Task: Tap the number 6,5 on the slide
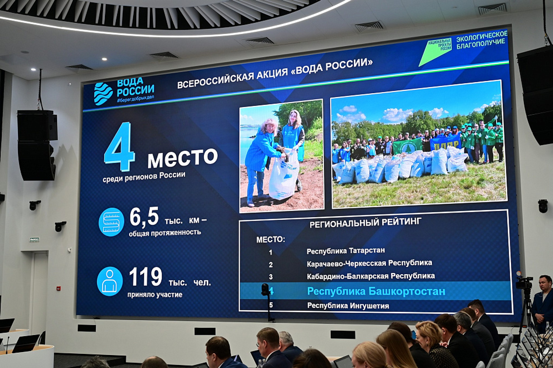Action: (x=144, y=217)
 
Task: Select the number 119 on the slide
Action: (x=146, y=277)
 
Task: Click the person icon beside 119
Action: (x=110, y=281)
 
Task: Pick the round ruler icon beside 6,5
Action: (x=111, y=222)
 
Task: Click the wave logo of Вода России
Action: (x=103, y=93)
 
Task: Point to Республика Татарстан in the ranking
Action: (x=346, y=251)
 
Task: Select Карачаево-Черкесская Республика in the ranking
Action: (x=369, y=263)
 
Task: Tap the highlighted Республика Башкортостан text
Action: (x=376, y=291)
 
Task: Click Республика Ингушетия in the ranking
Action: (x=348, y=306)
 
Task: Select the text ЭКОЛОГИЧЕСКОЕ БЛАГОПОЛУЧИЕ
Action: (x=481, y=40)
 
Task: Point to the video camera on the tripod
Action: (x=524, y=283)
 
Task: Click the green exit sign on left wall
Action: (x=34, y=239)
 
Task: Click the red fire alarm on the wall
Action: (x=58, y=288)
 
